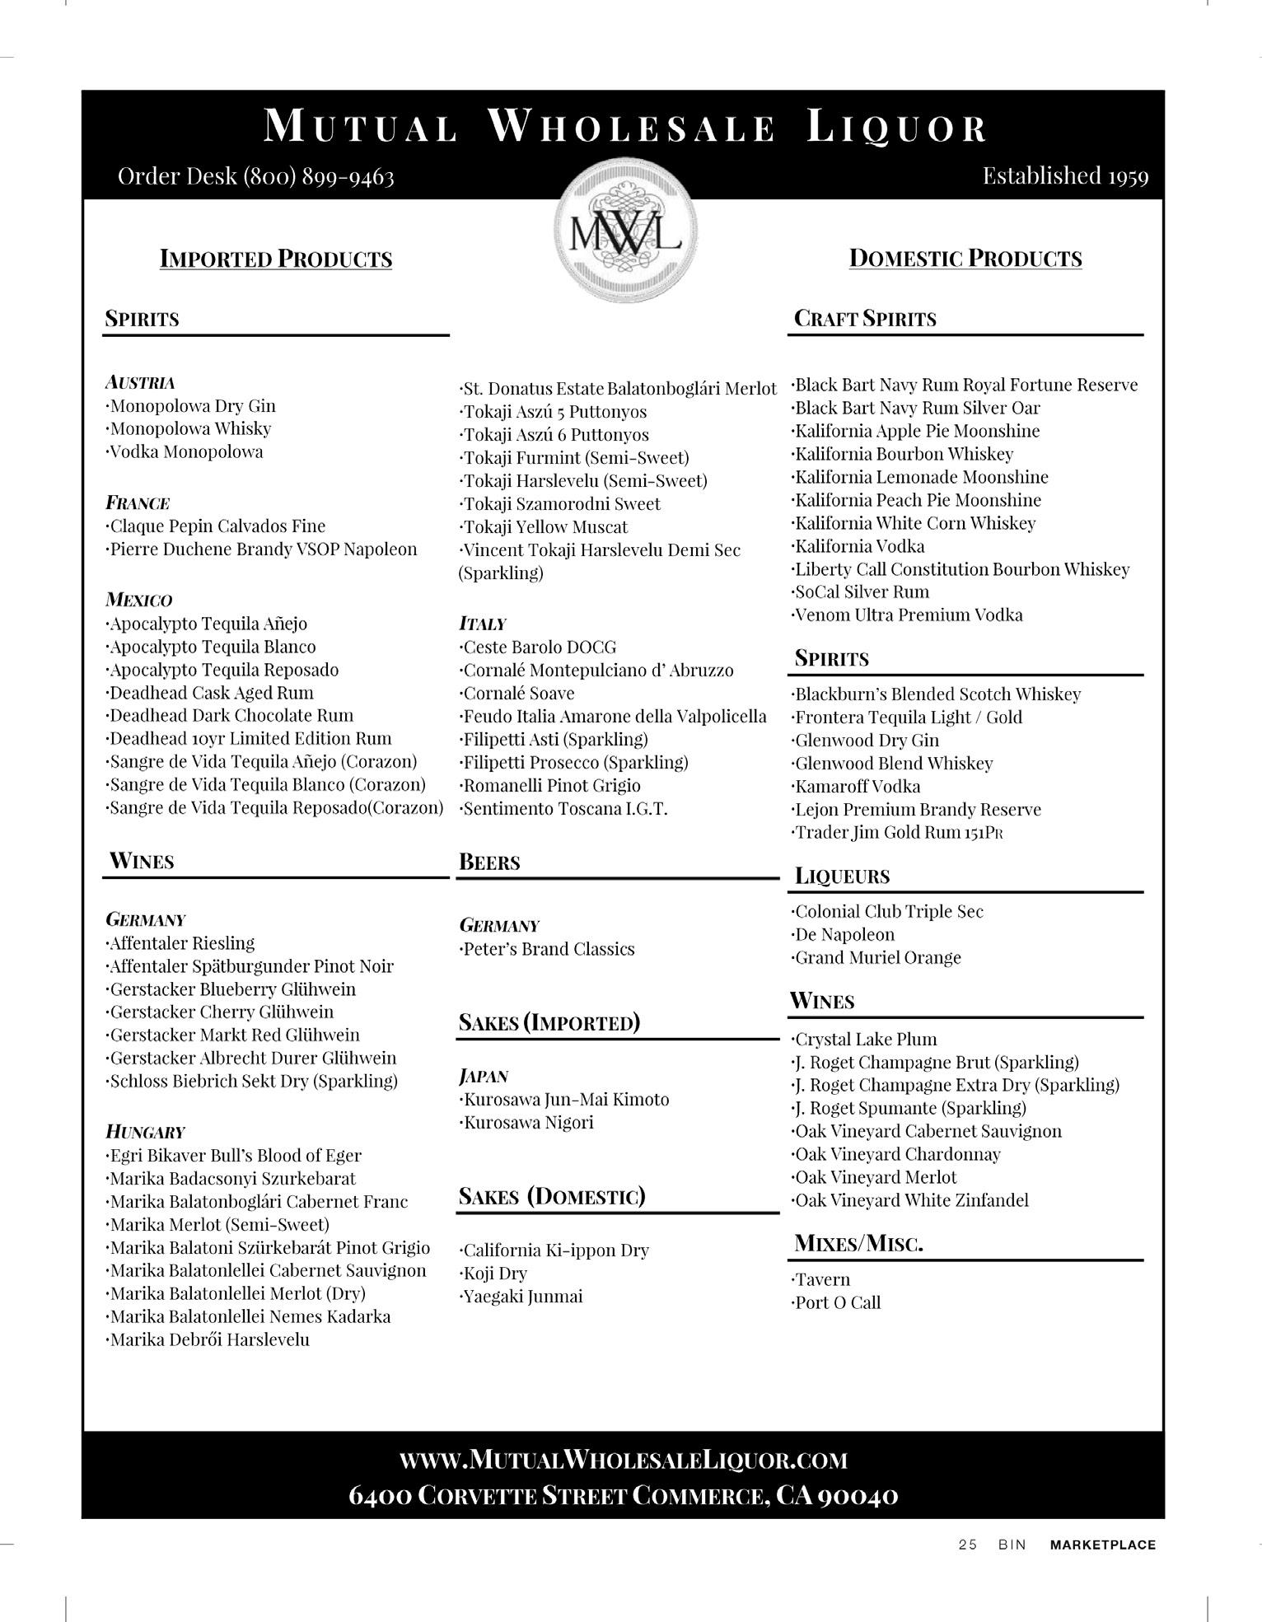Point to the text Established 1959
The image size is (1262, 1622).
[x=1065, y=175]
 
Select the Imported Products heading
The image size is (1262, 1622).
[x=276, y=259]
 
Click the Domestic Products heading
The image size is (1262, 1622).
[x=965, y=259]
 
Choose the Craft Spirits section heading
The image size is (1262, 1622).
[x=865, y=319]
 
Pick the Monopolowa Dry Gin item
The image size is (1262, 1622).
[x=192, y=406]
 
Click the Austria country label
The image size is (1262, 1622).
[x=140, y=382]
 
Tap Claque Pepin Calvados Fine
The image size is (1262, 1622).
[x=217, y=526]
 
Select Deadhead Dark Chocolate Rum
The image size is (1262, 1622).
[x=231, y=716]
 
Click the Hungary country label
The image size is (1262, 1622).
[x=146, y=1132]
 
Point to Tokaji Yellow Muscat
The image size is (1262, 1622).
[x=545, y=527]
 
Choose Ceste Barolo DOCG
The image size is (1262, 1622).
[x=539, y=647]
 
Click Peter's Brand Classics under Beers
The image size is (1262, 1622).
[x=548, y=949]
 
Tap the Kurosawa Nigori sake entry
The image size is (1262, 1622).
[x=527, y=1123]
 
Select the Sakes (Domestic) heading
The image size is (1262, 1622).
[x=552, y=1196]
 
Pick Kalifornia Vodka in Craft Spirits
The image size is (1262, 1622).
[x=858, y=546]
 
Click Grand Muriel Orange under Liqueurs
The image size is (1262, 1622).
[x=876, y=958]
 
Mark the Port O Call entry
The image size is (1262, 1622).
[x=837, y=1303]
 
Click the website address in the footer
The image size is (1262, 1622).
[x=624, y=1461]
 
